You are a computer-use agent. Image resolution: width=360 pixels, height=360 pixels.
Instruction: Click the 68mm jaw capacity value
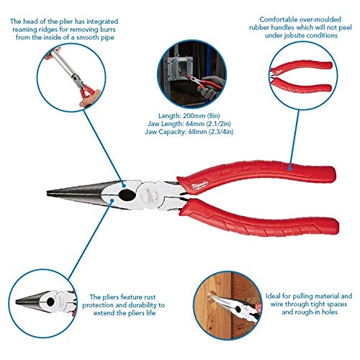tap(202, 131)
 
